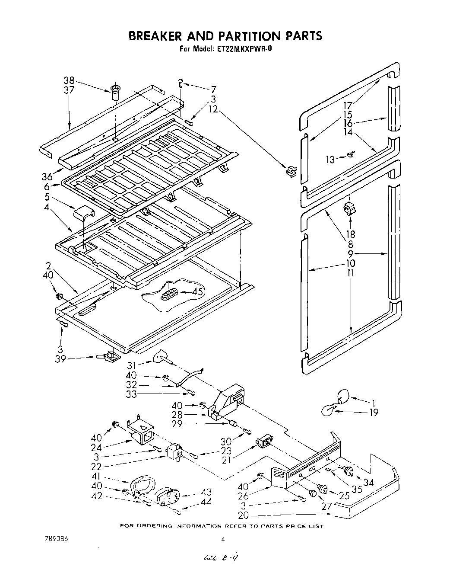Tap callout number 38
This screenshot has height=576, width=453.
click(69, 80)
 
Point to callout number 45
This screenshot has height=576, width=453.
click(197, 292)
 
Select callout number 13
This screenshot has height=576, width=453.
click(330, 159)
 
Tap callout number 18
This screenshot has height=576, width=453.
click(350, 234)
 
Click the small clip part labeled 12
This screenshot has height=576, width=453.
click(291, 170)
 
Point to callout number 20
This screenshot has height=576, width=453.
click(244, 515)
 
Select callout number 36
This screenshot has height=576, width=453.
click(47, 176)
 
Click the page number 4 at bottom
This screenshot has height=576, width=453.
click(223, 539)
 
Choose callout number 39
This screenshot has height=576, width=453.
click(60, 358)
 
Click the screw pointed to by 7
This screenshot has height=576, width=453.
click(181, 82)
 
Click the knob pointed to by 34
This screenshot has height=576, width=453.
click(348, 472)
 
